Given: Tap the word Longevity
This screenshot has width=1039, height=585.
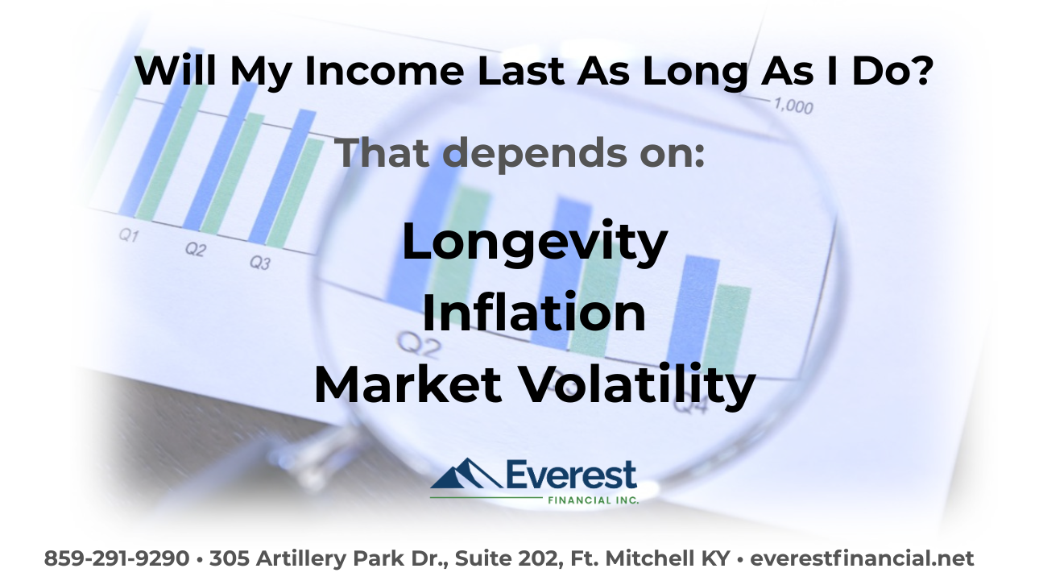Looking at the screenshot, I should coord(535,243).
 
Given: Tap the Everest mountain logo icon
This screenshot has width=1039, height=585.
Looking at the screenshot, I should coord(465,475).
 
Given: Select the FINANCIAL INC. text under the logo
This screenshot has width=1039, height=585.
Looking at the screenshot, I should coord(594,500).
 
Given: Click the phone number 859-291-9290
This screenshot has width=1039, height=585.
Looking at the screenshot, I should coord(116,558).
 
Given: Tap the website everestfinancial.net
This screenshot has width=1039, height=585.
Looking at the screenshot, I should coord(863,558).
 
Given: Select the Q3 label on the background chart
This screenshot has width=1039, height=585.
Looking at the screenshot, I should coord(259,262).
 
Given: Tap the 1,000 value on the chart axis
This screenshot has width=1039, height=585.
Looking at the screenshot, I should coord(793,106).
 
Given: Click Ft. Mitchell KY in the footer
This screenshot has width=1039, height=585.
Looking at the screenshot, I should coord(660,558).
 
